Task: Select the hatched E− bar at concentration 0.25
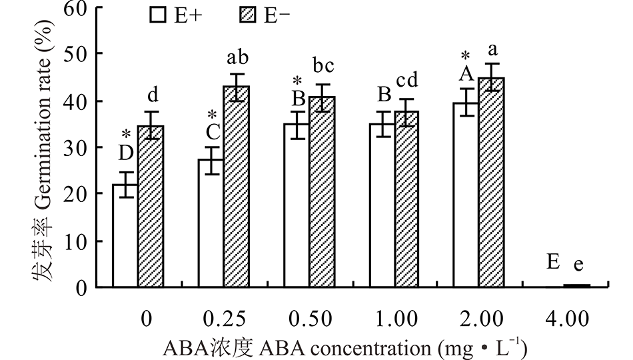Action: point(236,187)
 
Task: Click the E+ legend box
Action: point(158,15)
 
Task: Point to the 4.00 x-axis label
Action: point(568,319)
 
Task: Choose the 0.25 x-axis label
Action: point(225,319)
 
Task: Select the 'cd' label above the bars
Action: point(407,81)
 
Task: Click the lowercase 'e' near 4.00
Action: point(578,264)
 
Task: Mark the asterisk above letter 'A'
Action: point(466,57)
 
